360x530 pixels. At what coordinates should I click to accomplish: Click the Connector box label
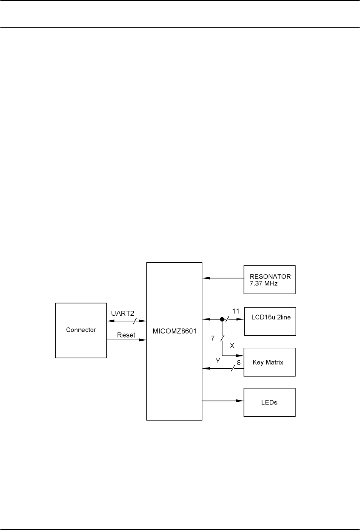tap(81, 330)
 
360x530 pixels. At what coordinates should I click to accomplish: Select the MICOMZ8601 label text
tap(174, 331)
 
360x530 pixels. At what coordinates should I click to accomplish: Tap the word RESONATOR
tap(270, 277)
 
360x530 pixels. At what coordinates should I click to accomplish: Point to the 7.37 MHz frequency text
tap(264, 283)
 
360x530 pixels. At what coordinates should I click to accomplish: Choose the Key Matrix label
tap(268, 362)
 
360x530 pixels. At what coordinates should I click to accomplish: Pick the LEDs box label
tap(269, 402)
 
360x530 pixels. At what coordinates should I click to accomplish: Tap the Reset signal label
tap(126, 335)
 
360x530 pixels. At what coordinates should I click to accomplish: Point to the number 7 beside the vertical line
tap(212, 338)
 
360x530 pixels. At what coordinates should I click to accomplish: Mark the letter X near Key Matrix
tap(232, 346)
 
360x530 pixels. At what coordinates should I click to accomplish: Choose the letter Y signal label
tap(218, 361)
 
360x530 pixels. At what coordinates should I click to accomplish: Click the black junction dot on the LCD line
tap(222, 319)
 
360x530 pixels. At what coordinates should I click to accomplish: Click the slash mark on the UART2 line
tap(134, 320)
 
